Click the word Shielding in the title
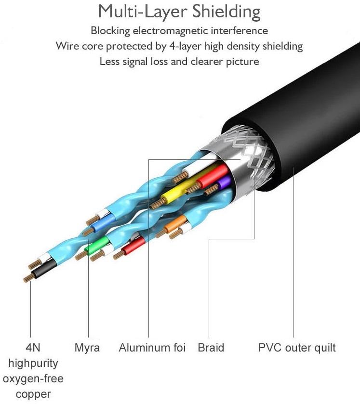pyautogui.click(x=227, y=12)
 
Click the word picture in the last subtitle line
pyautogui.click(x=242, y=62)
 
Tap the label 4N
pyautogui.click(x=33, y=348)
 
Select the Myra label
pyautogui.click(x=87, y=348)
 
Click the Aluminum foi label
pyautogui.click(x=152, y=348)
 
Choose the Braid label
pyautogui.click(x=211, y=348)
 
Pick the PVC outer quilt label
pyautogui.click(x=297, y=348)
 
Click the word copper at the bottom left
pyautogui.click(x=33, y=395)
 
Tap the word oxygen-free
pyautogui.click(x=33, y=379)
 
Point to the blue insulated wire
pyautogui.click(x=104, y=222)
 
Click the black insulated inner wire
pyautogui.click(x=44, y=269)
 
